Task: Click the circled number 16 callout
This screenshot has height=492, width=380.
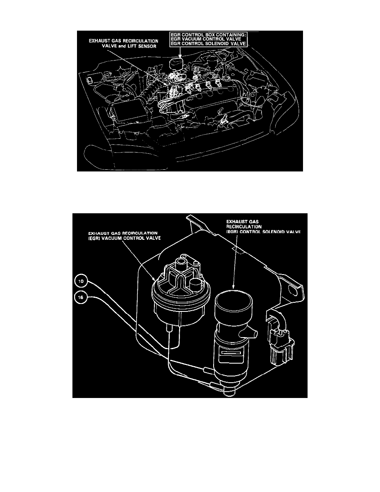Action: click(x=81, y=297)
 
